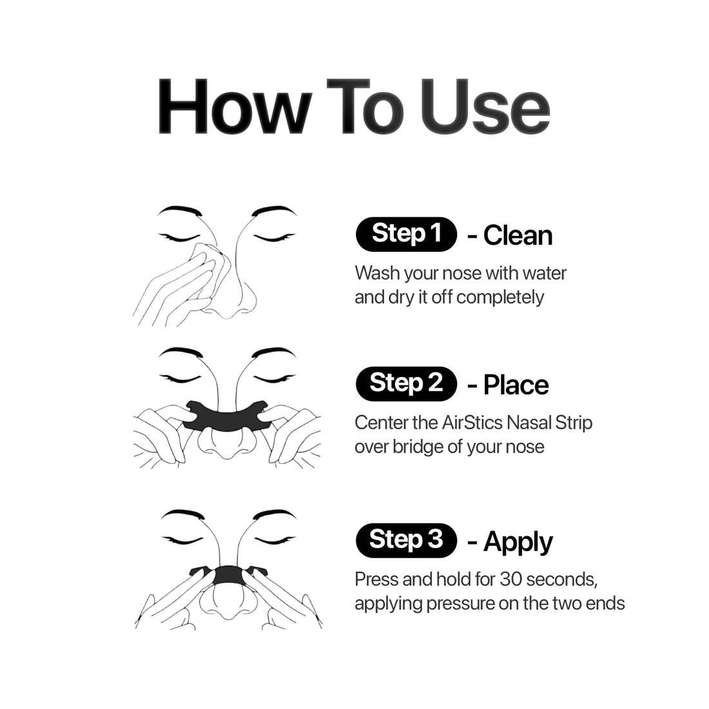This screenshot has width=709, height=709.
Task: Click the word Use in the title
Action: tap(485, 107)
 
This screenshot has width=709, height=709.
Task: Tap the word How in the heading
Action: tap(235, 107)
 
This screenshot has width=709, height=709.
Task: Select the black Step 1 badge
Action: tap(407, 234)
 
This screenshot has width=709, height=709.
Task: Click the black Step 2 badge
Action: tap(407, 384)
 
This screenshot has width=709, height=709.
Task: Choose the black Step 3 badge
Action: tap(407, 540)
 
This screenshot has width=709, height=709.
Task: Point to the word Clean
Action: tap(518, 235)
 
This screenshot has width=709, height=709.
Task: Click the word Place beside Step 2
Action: tap(516, 385)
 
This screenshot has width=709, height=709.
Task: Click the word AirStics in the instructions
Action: tap(472, 423)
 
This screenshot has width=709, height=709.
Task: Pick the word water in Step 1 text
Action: tap(544, 273)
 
